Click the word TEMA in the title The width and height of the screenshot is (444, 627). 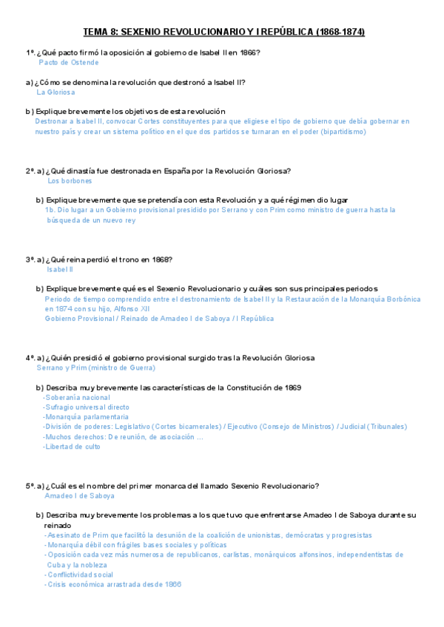pyautogui.click(x=95, y=33)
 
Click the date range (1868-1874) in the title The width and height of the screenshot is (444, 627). pyautogui.click(x=340, y=33)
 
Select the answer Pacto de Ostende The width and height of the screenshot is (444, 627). pyautogui.click(x=68, y=63)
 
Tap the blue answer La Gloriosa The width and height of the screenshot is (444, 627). pyautogui.click(x=55, y=92)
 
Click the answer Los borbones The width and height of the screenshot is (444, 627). pyautogui.click(x=70, y=180)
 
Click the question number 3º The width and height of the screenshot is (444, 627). pyautogui.click(x=30, y=260)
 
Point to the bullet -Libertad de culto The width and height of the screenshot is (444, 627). pyautogui.click(x=72, y=447)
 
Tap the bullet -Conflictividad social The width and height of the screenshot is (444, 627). pyautogui.click(x=78, y=575)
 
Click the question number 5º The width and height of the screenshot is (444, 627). pyautogui.click(x=30, y=486)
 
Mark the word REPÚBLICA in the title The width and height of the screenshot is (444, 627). pyautogui.click(x=283, y=33)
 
